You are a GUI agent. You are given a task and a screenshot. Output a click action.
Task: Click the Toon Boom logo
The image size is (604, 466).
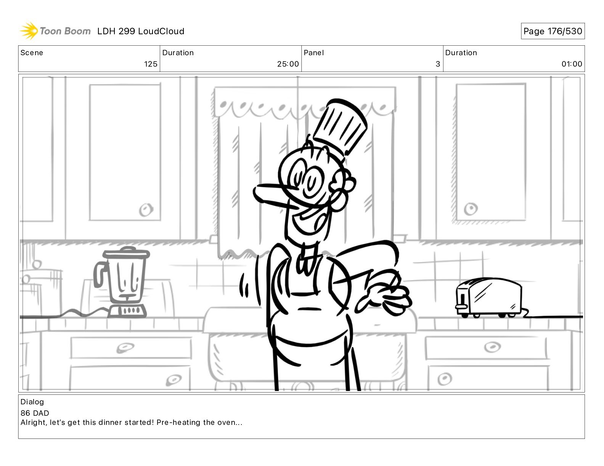tap(55, 31)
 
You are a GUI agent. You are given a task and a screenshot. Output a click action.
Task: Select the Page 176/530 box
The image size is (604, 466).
tap(553, 31)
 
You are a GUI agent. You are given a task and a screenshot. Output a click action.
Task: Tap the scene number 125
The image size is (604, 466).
tap(151, 64)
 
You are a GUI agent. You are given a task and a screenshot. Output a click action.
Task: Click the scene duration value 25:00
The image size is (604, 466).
tap(288, 64)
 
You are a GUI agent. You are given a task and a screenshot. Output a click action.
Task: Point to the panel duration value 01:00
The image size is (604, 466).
tap(572, 64)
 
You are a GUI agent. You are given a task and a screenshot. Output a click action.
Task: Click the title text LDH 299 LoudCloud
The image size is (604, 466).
tap(141, 31)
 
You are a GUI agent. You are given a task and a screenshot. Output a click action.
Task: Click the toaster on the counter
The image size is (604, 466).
tap(488, 297)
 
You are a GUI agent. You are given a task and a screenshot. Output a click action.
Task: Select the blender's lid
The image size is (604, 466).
tap(126, 252)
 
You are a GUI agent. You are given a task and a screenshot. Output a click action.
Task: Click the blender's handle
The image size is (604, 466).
tap(100, 274)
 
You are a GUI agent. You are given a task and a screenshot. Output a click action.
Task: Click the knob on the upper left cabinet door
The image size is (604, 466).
tap(146, 209)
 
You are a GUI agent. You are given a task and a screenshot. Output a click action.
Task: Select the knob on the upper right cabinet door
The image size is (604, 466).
tap(471, 209)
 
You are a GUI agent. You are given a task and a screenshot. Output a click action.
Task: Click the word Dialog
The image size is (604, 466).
tap(32, 402)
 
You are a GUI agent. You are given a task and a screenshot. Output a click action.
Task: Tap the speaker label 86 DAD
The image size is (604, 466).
tap(35, 413)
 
